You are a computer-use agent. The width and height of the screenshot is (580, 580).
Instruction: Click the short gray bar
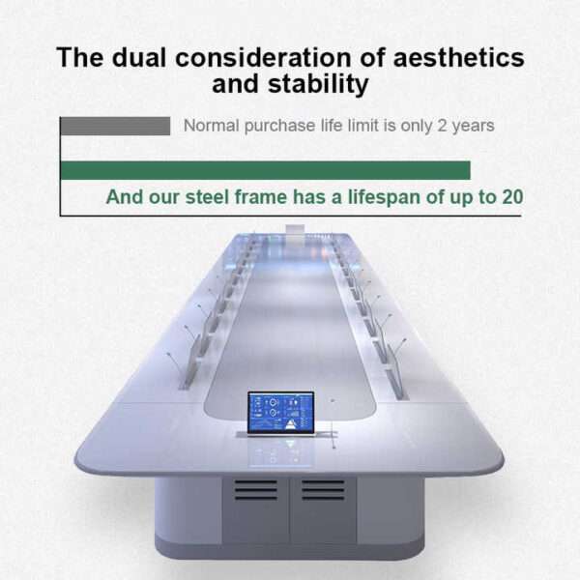[115, 126]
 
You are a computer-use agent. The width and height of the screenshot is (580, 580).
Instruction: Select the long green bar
[265, 170]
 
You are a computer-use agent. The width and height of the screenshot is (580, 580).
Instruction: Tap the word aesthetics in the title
[458, 58]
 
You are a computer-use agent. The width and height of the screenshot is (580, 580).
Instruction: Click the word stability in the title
[318, 85]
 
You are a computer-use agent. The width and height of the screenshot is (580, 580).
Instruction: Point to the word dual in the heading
[138, 58]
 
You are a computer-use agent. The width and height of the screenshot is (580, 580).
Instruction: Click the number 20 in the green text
[512, 197]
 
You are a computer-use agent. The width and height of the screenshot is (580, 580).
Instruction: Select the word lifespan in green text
[384, 197]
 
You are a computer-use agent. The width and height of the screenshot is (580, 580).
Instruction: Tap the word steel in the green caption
[207, 197]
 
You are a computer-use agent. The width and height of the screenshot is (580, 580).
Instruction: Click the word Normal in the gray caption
[211, 126]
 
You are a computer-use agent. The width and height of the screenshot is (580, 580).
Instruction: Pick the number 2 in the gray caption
[442, 126]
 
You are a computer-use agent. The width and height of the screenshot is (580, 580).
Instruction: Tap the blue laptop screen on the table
[281, 412]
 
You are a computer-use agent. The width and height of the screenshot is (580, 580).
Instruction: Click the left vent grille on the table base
[255, 490]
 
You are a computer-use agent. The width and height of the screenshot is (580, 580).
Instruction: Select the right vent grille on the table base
[323, 490]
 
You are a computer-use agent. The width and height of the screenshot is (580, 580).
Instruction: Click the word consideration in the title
[263, 58]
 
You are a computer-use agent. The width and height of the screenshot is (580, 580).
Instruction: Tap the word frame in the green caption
[261, 197]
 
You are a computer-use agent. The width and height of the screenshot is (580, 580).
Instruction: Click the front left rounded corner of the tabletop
[81, 462]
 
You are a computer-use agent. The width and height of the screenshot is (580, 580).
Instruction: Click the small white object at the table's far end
[295, 229]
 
